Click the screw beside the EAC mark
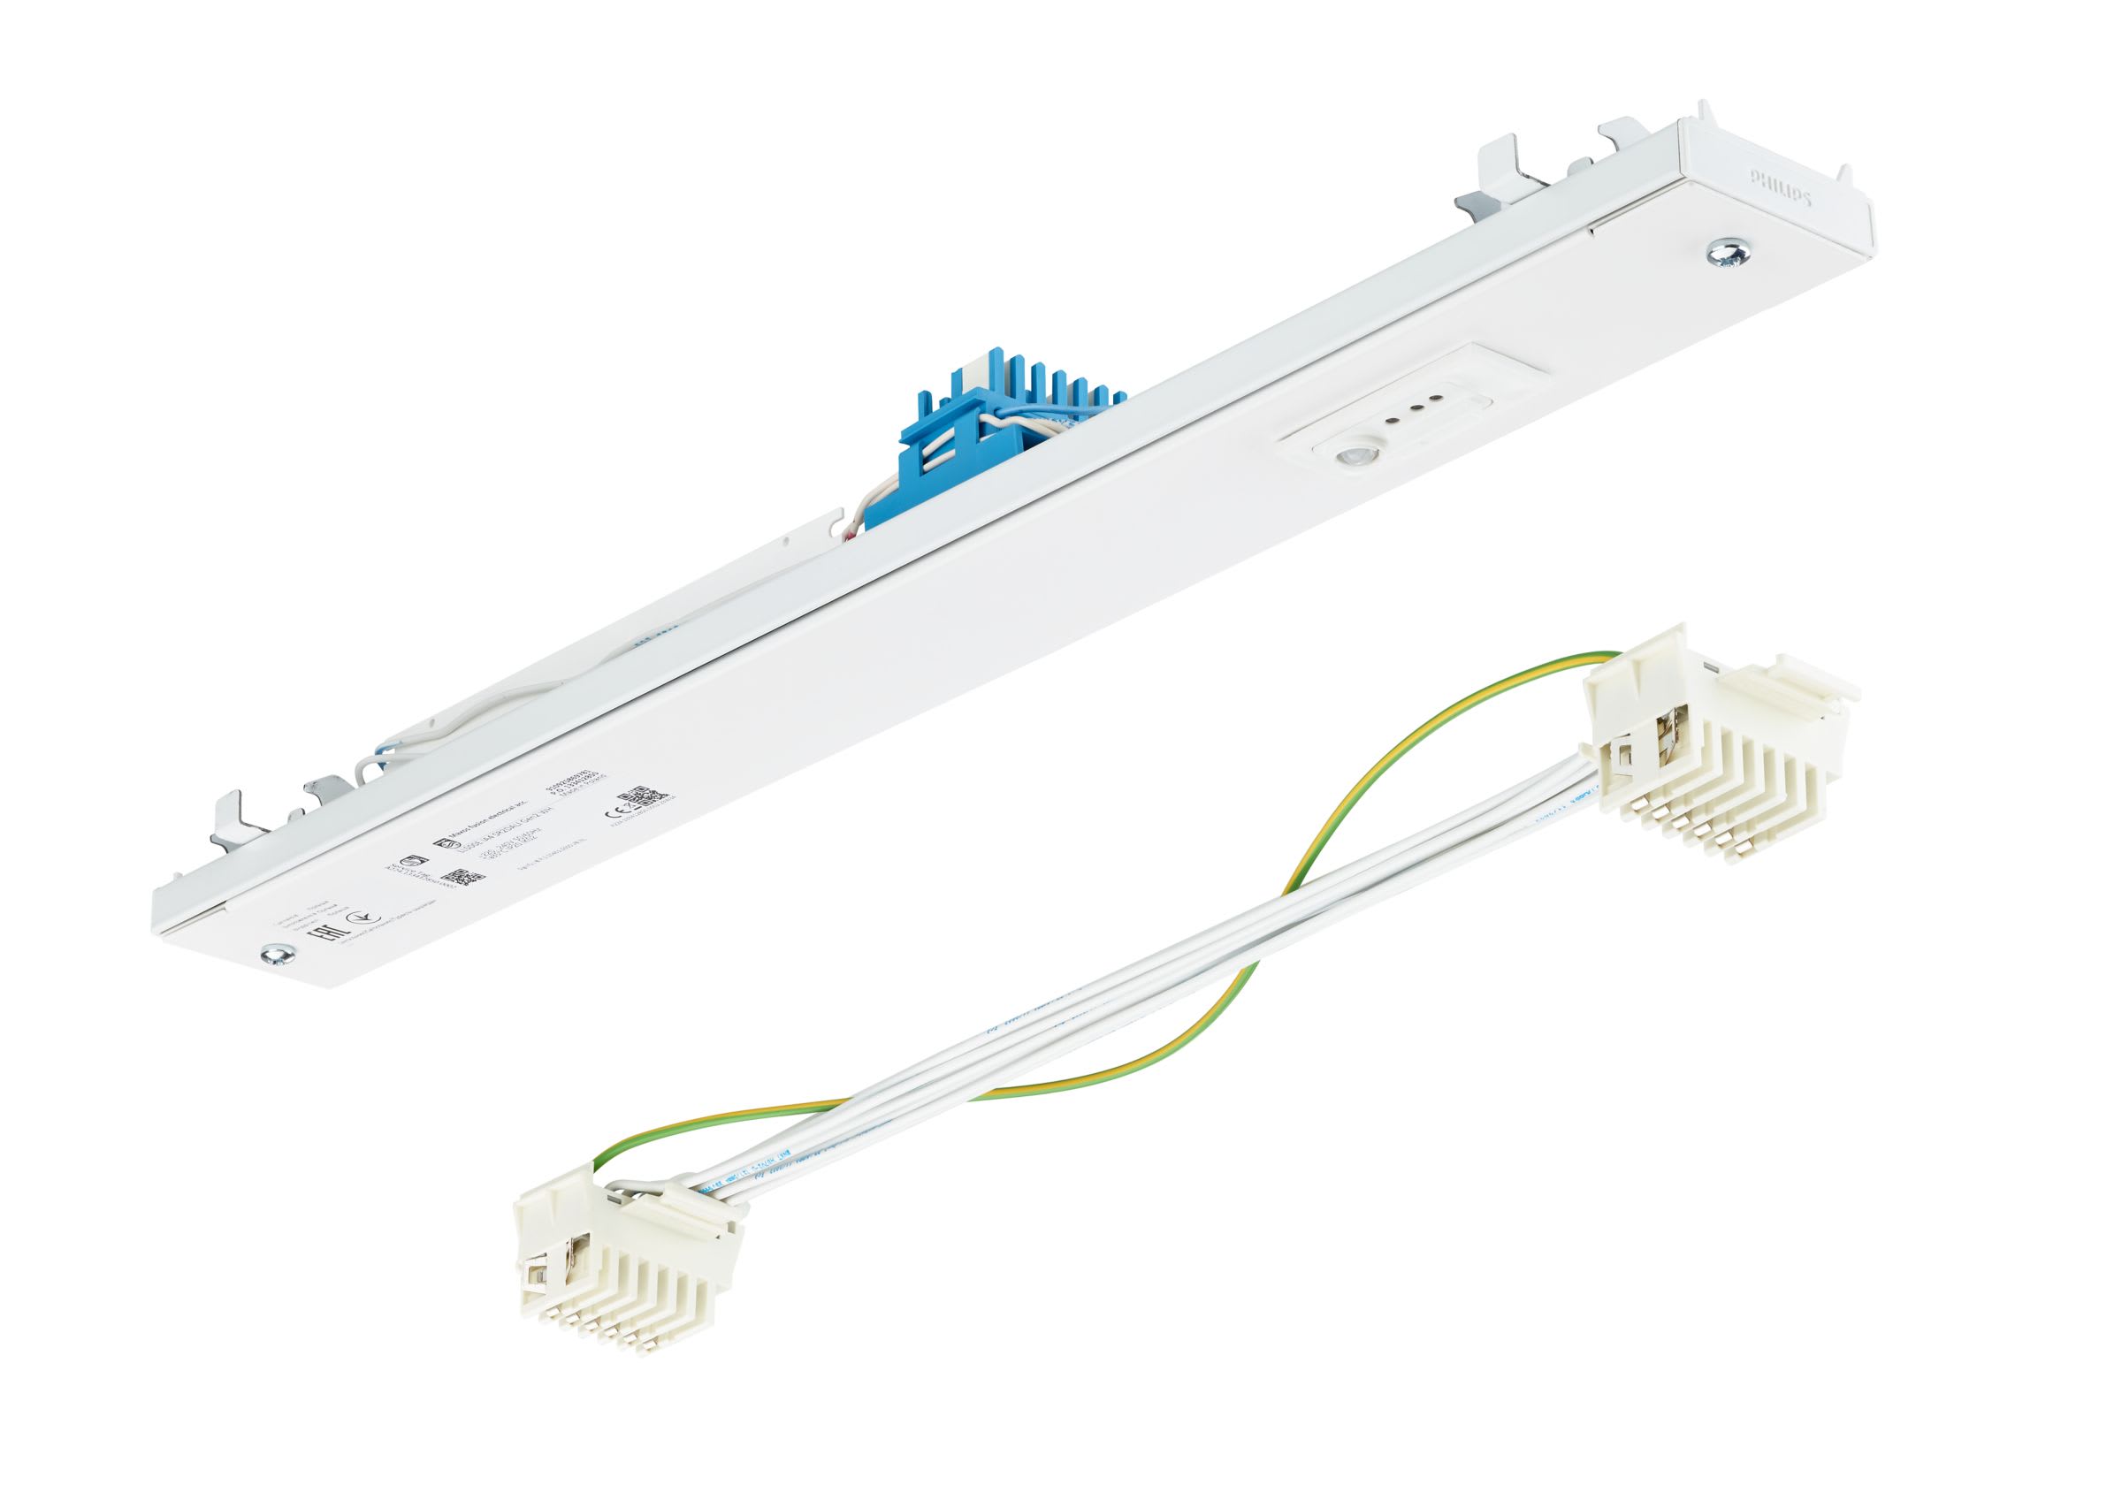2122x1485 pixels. pyautogui.click(x=274, y=953)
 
